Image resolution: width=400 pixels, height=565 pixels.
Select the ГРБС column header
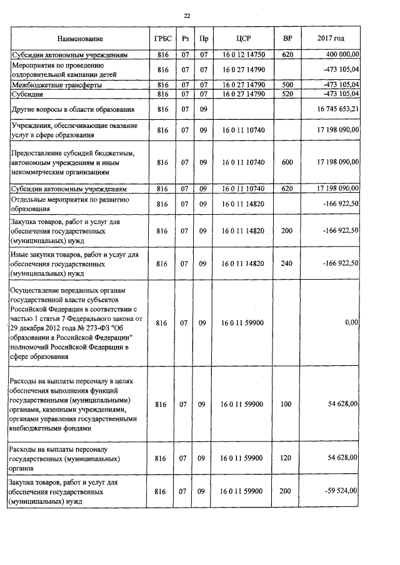coord(162,39)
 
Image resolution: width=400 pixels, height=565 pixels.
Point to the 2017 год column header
coord(331,39)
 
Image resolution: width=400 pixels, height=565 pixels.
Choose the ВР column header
coord(287,39)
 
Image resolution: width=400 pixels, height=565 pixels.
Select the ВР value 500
coord(287,84)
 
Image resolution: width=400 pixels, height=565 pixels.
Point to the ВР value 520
coord(287,94)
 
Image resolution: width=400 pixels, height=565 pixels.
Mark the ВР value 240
coord(287,263)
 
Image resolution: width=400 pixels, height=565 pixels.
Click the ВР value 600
coord(287,162)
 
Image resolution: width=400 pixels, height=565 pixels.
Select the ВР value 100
coord(287,405)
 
